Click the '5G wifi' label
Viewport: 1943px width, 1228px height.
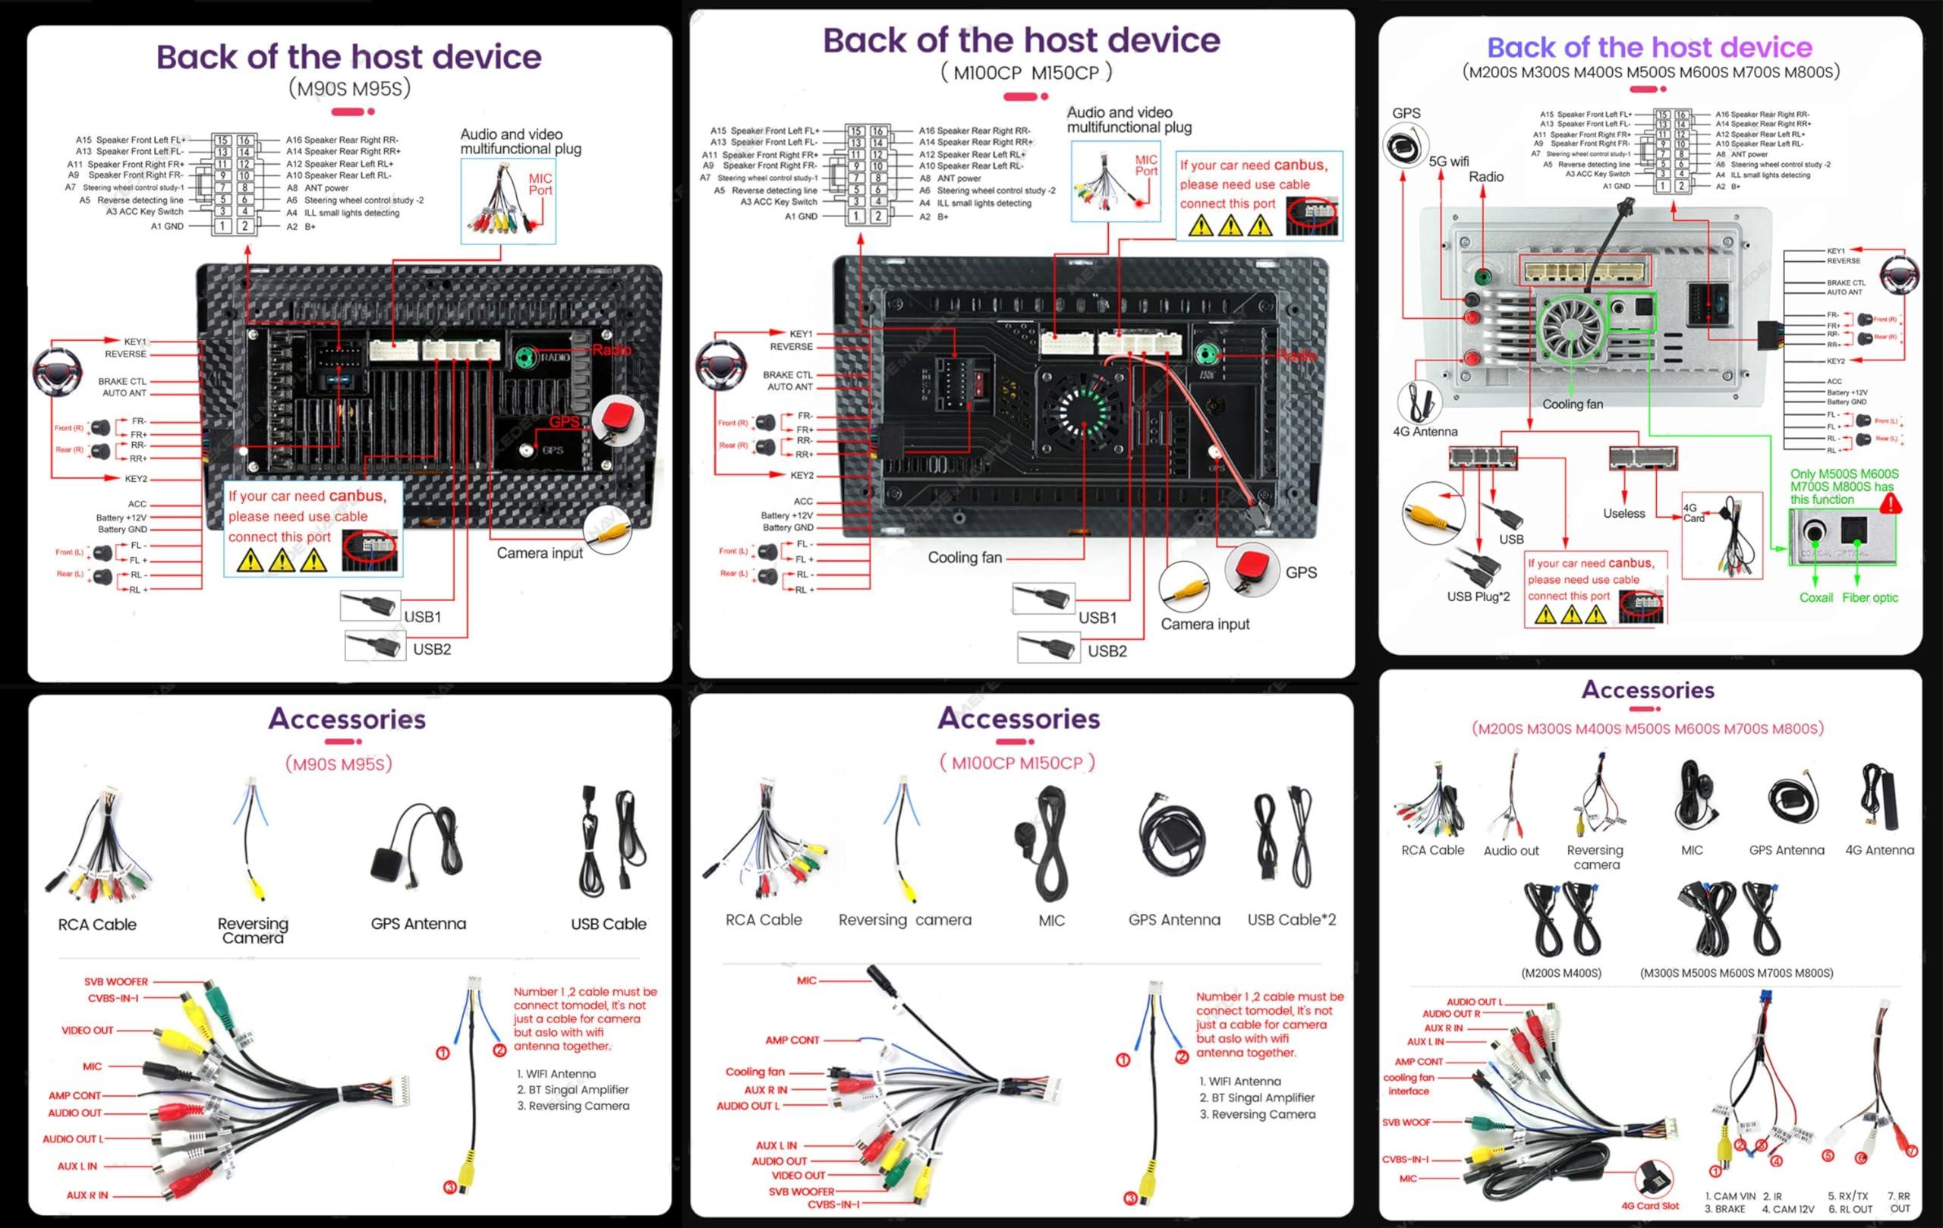click(1448, 162)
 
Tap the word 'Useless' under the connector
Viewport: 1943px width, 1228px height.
click(1623, 513)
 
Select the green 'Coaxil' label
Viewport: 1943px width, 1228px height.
click(1815, 598)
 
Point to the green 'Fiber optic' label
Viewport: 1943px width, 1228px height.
click(1869, 598)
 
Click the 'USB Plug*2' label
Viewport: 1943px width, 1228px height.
click(1478, 597)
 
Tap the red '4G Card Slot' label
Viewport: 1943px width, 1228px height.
click(1650, 1206)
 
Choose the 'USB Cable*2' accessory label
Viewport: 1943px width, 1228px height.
click(1291, 920)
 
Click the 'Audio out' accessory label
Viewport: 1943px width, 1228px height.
click(1510, 850)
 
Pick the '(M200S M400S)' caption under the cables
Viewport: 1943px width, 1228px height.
click(1560, 973)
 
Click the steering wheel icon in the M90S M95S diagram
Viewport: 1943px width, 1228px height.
click(56, 372)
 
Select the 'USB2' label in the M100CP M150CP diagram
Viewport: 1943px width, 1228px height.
click(1107, 651)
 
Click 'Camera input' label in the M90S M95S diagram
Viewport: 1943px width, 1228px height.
click(539, 553)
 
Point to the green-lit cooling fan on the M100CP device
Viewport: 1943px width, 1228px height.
click(1083, 409)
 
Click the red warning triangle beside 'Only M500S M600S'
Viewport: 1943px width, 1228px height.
click(1891, 505)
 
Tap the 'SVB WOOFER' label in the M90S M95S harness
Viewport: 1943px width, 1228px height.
click(116, 982)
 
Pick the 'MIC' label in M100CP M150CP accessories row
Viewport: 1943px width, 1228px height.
click(1051, 921)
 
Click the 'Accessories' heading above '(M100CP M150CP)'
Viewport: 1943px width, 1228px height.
click(1019, 718)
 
